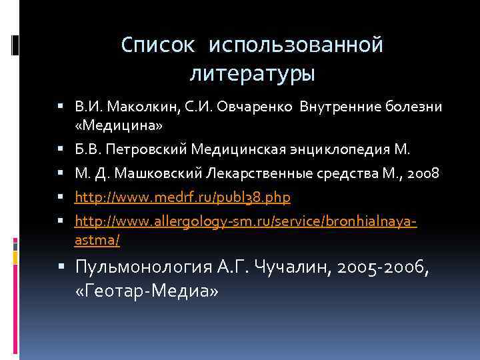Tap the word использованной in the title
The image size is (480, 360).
(x=296, y=45)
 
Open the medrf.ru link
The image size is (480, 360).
(x=183, y=199)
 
